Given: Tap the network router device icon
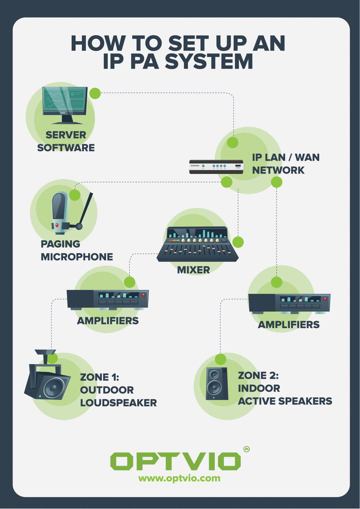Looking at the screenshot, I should tap(216, 167).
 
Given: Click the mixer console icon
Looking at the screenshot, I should tap(198, 245).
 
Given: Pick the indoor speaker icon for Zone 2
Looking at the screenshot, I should tap(217, 383).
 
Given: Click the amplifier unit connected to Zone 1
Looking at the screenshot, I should tap(108, 299).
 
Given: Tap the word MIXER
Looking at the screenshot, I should tap(194, 270).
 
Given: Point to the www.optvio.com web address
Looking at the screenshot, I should tap(179, 478).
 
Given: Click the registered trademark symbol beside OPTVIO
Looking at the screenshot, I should tap(246, 449).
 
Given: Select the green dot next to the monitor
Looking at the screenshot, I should tap(95, 93).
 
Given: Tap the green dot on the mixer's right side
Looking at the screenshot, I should tap(238, 242).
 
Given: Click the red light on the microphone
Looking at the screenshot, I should tap(57, 225).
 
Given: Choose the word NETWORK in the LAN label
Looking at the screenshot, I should tap(278, 170).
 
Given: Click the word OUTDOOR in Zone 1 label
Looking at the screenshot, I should tap(107, 390).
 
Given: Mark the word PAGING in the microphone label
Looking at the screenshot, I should tap(60, 244).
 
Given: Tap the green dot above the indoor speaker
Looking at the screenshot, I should tap(220, 359).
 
